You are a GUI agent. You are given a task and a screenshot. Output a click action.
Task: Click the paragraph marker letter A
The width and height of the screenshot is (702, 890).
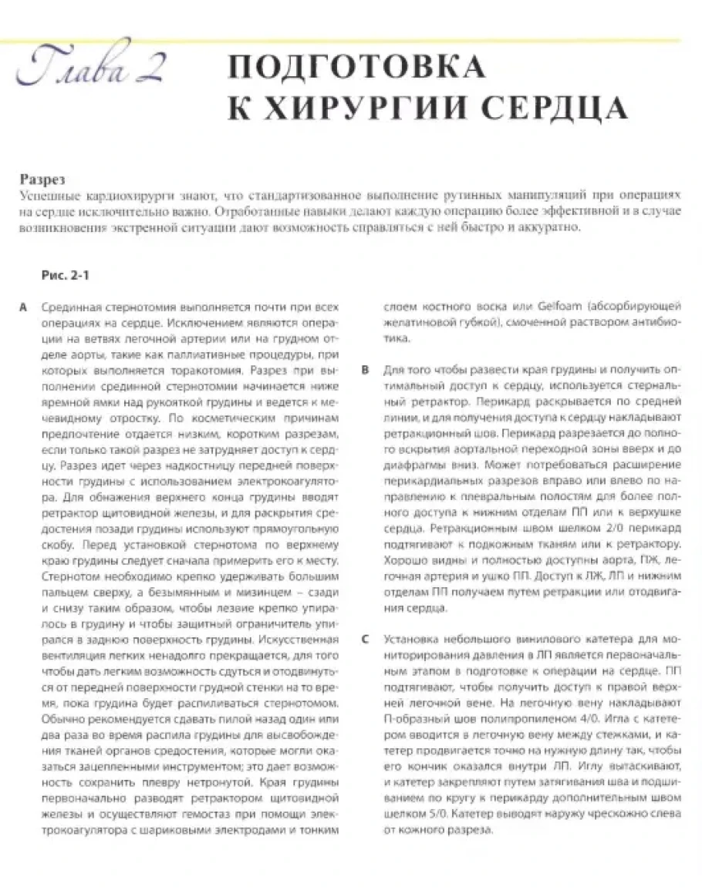coord(25,307)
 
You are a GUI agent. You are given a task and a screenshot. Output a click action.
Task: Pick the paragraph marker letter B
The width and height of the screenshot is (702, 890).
coord(366,371)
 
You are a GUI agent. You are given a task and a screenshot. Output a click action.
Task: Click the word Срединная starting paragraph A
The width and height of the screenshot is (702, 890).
coord(72,307)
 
